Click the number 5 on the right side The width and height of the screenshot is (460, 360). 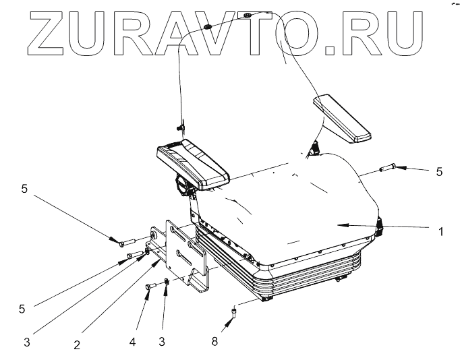point(439,172)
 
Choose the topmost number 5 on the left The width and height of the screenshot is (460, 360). point(24,189)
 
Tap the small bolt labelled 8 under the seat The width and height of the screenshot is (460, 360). point(234,311)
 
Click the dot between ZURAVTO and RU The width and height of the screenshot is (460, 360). point(328,49)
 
